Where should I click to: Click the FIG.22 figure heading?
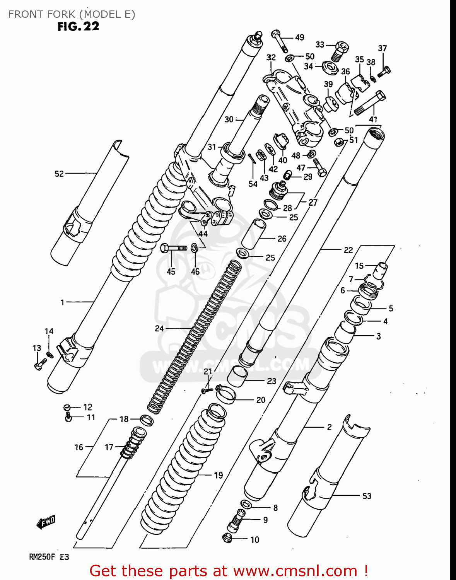79,26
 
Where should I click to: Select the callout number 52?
59,174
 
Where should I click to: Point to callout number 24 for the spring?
159,328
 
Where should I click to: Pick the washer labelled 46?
195,248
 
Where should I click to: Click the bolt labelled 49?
279,40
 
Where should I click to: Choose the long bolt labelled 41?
369,102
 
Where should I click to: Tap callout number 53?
367,496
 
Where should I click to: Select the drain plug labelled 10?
227,537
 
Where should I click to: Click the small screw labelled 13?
39,364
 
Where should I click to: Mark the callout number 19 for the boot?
219,475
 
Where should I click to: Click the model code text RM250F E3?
49,557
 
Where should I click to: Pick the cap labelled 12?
67,407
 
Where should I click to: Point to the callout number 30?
229,119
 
